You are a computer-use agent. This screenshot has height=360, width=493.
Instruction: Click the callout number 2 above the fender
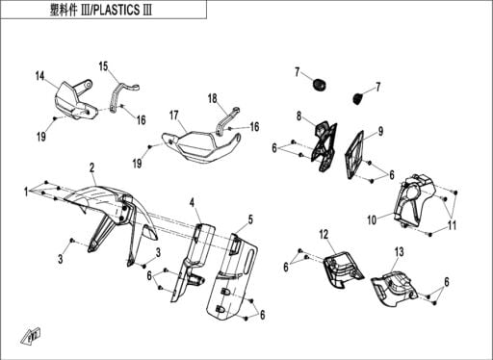91,167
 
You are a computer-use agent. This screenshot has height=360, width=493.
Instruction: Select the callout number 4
192,203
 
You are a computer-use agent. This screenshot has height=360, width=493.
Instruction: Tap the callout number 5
250,219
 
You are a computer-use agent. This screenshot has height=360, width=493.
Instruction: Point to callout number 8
298,116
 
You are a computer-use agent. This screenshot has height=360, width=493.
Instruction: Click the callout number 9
380,131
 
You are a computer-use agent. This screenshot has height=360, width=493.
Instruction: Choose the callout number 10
372,220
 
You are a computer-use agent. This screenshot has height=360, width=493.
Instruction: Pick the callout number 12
324,235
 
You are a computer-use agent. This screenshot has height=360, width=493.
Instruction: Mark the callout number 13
399,252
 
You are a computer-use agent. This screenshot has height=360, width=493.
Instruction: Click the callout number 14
39,76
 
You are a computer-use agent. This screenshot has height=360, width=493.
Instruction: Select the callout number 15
103,66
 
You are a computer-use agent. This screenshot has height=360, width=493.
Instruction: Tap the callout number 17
174,116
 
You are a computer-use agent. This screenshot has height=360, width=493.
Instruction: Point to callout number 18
213,98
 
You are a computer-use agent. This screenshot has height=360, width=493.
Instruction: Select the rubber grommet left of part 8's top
320,85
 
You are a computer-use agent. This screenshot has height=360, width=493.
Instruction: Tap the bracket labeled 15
122,95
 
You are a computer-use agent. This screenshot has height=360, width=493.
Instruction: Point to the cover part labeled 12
343,270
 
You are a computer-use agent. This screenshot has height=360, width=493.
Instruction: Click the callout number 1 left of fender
26,192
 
